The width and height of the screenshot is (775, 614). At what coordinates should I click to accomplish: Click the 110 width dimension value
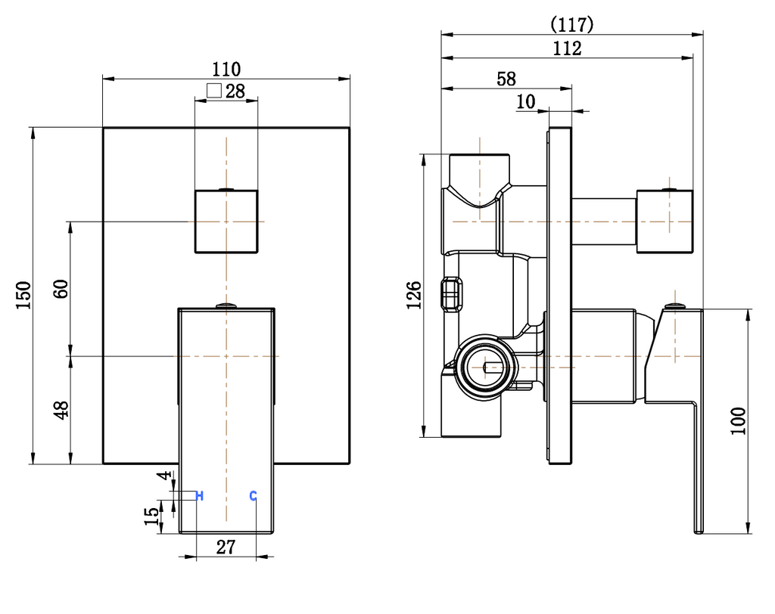[x=227, y=69]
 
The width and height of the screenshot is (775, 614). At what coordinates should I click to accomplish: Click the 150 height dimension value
[x=23, y=295]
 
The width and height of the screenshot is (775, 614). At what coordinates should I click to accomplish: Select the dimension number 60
[x=61, y=288]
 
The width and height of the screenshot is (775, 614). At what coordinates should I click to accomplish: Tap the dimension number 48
[x=61, y=409]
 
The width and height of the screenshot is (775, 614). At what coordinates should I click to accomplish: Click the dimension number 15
[x=152, y=516]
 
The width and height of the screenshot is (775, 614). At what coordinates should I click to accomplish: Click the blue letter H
[x=200, y=496]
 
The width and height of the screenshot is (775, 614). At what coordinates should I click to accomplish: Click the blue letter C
[x=254, y=496]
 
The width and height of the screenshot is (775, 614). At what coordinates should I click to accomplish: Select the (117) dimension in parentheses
[x=571, y=24]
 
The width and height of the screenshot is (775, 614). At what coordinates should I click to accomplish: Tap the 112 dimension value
[x=567, y=48]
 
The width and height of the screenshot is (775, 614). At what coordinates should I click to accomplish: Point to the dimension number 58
[x=506, y=79]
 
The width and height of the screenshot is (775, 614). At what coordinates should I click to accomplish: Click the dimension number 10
[x=526, y=101]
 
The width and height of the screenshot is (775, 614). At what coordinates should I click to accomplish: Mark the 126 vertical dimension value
[x=414, y=296]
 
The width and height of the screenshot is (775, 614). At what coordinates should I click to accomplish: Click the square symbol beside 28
[x=213, y=91]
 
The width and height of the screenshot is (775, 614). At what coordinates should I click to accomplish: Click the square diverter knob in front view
[x=227, y=221]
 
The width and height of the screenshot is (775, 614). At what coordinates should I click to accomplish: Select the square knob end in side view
[x=665, y=221]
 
